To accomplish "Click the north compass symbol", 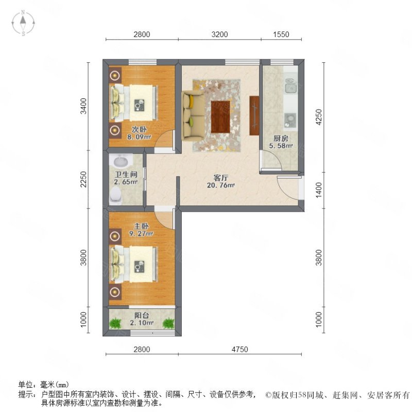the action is [x=23, y=23].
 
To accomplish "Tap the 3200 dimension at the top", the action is [x=219, y=35].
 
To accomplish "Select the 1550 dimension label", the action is [x=281, y=35].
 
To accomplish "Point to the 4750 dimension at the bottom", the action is [x=239, y=350].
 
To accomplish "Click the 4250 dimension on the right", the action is [x=318, y=117].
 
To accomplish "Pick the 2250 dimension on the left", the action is [x=83, y=179].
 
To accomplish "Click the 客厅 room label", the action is [x=221, y=178].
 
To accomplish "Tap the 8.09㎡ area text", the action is [x=139, y=137].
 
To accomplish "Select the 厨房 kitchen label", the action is [x=281, y=139].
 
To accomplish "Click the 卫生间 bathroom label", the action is [x=126, y=174].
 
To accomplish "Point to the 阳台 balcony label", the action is [x=142, y=315].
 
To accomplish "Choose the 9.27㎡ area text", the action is [x=141, y=234].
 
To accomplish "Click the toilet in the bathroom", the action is [x=116, y=195].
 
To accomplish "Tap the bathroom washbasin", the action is [x=121, y=161].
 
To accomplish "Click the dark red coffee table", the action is [x=220, y=117].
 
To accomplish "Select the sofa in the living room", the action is [x=193, y=115].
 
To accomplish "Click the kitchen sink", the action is [x=290, y=85].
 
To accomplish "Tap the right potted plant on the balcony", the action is [x=168, y=323].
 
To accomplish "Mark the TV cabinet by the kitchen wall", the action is [x=254, y=115].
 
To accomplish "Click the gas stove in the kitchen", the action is [x=290, y=119].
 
